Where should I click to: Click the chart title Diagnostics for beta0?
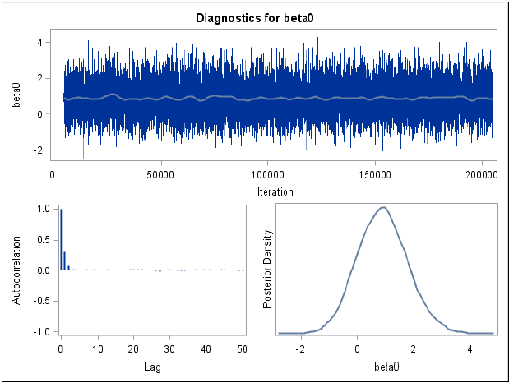(254, 16)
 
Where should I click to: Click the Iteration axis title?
(274, 191)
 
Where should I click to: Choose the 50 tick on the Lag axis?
(243, 349)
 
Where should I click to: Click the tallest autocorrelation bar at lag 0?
(61, 238)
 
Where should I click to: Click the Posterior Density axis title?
(266, 269)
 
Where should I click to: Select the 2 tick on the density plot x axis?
(414, 349)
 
